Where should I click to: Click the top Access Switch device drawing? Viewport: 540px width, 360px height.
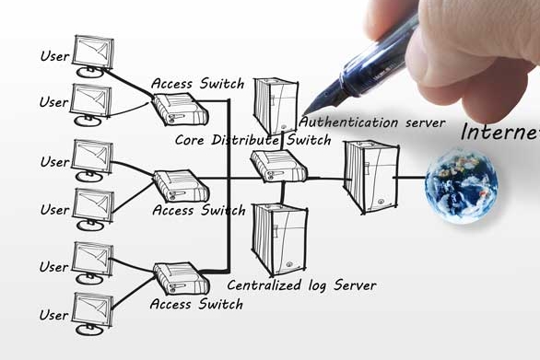[181, 109]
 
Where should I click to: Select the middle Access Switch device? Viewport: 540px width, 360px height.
[182, 185]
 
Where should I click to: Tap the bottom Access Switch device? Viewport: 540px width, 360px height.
[182, 278]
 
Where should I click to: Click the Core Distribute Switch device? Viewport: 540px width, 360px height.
[278, 167]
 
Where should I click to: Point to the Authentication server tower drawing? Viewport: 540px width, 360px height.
[276, 106]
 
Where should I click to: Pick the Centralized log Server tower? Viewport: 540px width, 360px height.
[279, 239]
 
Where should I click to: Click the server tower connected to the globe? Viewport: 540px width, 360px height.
[371, 177]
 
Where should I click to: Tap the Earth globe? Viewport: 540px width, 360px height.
[461, 186]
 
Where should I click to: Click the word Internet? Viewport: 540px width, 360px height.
[500, 132]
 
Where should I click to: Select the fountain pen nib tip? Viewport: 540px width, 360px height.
[304, 114]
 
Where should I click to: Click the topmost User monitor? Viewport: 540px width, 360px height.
[93, 56]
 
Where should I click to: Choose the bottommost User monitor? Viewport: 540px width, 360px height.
[93, 314]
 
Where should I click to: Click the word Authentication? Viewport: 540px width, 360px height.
[348, 122]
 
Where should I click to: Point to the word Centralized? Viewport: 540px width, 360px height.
[264, 285]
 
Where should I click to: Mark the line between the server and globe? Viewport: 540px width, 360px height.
[410, 178]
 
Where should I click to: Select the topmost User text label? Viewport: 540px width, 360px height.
[54, 56]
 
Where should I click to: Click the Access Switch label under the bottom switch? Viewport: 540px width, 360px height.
[196, 304]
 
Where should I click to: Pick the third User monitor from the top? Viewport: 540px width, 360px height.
[92, 160]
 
